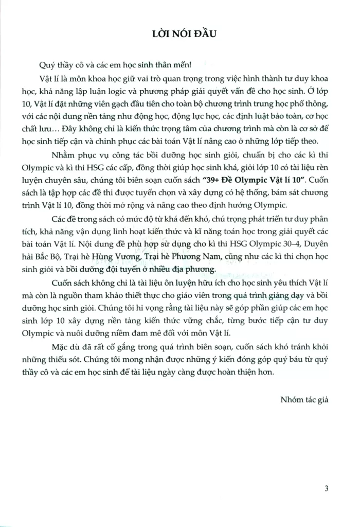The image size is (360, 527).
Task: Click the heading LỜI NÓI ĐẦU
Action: pos(180,34)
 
